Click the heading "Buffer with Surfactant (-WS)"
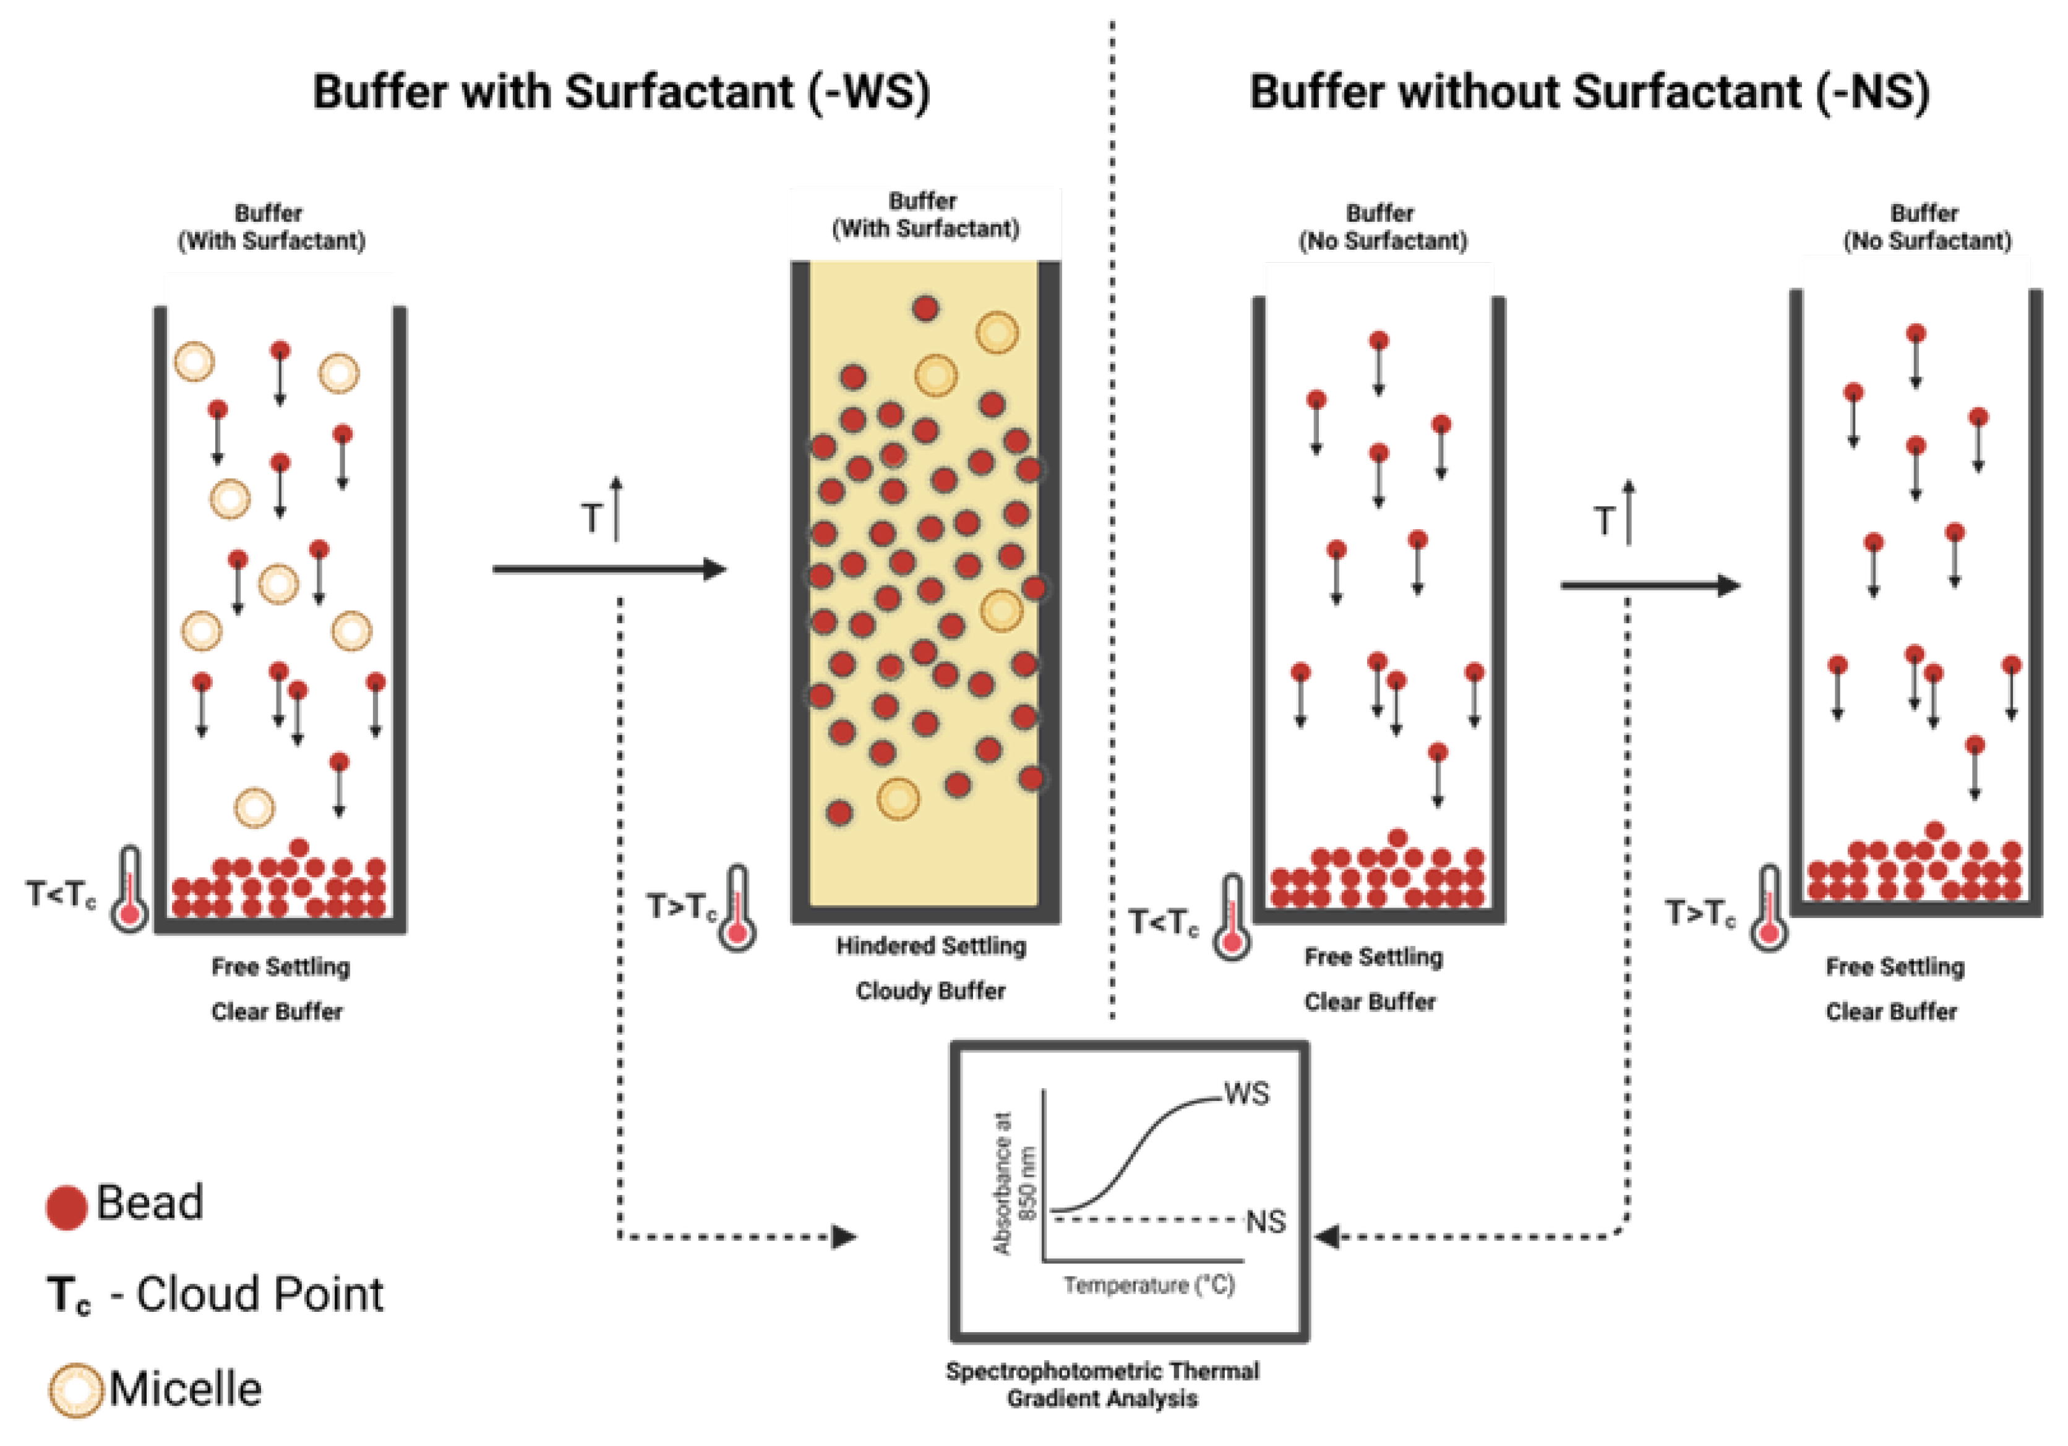(622, 93)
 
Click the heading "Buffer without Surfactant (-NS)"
(1590, 93)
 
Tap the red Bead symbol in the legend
(66, 1207)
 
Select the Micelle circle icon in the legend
(75, 1389)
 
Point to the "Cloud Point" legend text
(259, 1295)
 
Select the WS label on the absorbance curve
(1246, 1094)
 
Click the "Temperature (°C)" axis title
(1149, 1285)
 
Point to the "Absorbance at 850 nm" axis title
(1014, 1181)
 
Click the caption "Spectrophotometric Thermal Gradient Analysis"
(1102, 1385)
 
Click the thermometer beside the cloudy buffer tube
(737, 909)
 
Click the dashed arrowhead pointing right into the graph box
(844, 1237)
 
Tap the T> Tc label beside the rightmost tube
(1699, 913)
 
